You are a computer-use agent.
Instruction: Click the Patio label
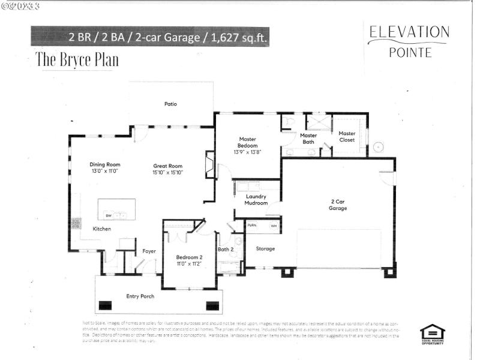pyautogui.click(x=171, y=104)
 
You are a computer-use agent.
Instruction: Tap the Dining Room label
pyautogui.click(x=105, y=164)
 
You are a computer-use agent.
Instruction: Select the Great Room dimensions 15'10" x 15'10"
pyautogui.click(x=167, y=173)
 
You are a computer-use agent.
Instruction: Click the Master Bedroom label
pyautogui.click(x=248, y=142)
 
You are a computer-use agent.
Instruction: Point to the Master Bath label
pyautogui.click(x=308, y=139)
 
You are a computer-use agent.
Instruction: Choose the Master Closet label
pyautogui.click(x=347, y=137)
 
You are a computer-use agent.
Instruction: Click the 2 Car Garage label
pyautogui.click(x=338, y=205)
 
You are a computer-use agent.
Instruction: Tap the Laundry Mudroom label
pyautogui.click(x=256, y=200)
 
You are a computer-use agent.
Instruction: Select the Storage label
pyautogui.click(x=265, y=248)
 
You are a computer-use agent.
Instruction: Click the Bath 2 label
pyautogui.click(x=226, y=248)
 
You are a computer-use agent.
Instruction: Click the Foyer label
pyautogui.click(x=149, y=251)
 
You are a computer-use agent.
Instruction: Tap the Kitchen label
pyautogui.click(x=101, y=229)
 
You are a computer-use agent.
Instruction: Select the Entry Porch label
pyautogui.click(x=140, y=296)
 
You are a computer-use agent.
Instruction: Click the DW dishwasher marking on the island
pyautogui.click(x=109, y=215)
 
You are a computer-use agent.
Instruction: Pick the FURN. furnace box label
pyautogui.click(x=253, y=226)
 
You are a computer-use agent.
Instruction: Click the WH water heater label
pyautogui.click(x=274, y=226)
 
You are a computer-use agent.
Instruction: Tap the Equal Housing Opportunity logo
pyautogui.click(x=431, y=333)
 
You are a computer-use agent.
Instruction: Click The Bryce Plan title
pyautogui.click(x=77, y=59)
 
